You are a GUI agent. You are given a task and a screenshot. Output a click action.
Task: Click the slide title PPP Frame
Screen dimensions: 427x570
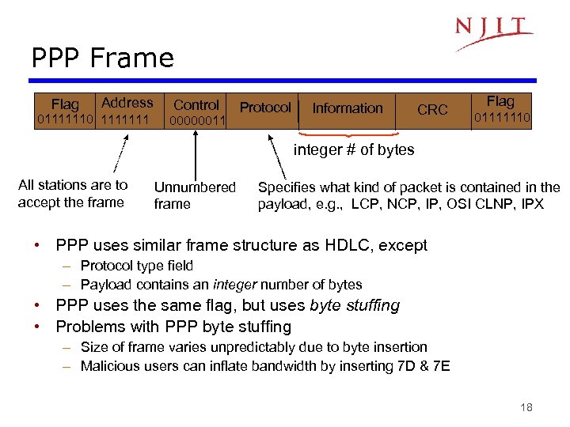[x=102, y=58]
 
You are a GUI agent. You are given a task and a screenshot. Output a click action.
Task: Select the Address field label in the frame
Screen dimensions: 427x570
[x=127, y=103]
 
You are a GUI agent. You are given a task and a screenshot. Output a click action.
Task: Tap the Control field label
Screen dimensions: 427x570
[x=196, y=104]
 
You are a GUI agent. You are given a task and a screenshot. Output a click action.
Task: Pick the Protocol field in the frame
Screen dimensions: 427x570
[x=265, y=108]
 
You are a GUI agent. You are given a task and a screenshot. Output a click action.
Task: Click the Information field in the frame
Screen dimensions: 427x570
[x=347, y=108]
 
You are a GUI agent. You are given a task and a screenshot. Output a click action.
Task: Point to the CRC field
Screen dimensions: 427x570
[x=432, y=110]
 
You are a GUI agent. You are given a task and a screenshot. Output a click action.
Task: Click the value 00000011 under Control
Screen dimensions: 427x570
[x=197, y=121]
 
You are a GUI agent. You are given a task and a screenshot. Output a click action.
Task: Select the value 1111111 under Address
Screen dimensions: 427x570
[x=126, y=119]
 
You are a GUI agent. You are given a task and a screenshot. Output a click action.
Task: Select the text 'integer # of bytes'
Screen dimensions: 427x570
[x=354, y=150]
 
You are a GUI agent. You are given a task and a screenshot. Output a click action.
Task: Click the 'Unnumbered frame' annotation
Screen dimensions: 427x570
[x=194, y=195]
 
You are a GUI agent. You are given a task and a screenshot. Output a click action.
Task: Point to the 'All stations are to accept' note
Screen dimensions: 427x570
[x=72, y=194]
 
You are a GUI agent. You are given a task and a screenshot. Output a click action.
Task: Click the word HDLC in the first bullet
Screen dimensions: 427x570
[x=346, y=245]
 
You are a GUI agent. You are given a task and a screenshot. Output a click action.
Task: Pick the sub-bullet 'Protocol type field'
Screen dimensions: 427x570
[x=137, y=266]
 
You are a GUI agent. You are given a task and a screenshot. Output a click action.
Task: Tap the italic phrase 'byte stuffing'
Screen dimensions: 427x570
[x=355, y=305]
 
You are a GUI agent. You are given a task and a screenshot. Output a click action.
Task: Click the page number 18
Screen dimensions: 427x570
[x=526, y=407]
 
